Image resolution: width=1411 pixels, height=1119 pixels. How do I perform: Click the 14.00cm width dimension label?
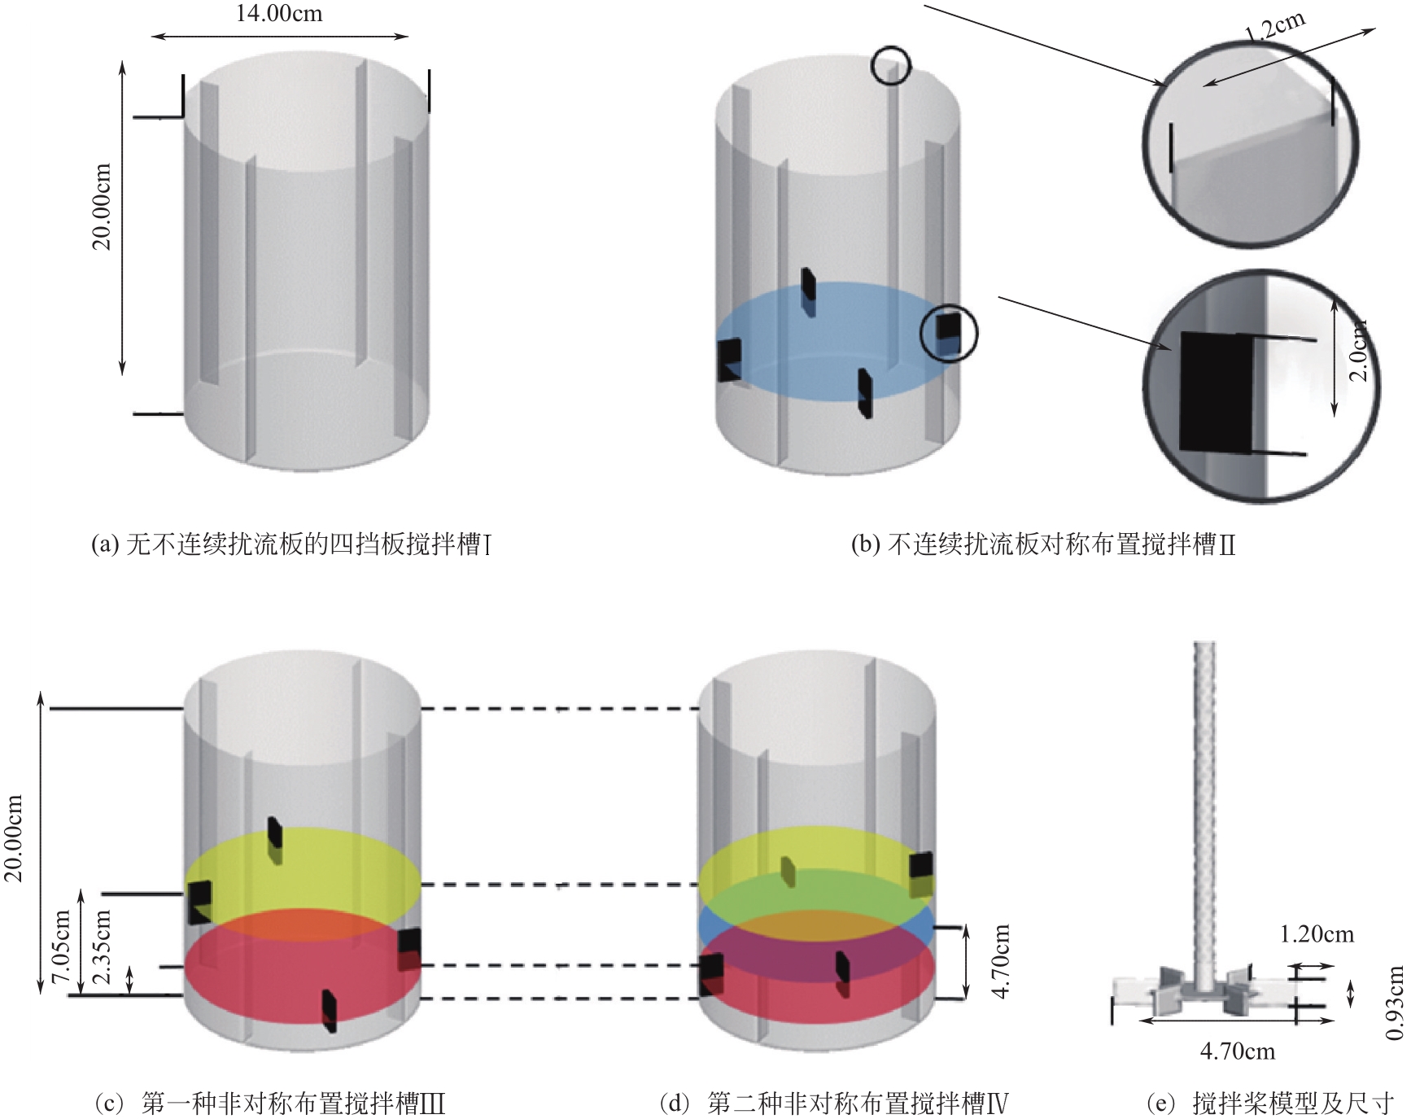(278, 14)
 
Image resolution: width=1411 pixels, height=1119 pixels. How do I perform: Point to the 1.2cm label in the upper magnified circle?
(1274, 27)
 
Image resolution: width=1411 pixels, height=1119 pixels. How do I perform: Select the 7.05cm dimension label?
(62, 946)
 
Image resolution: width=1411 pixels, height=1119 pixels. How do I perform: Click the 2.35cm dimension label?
(103, 946)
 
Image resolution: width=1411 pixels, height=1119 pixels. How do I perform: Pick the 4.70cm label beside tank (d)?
(1002, 960)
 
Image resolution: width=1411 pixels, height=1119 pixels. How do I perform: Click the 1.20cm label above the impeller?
(1317, 934)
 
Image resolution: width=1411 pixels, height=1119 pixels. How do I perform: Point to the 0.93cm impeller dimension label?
(1394, 1003)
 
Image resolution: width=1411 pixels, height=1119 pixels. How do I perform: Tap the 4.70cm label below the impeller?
(1237, 1051)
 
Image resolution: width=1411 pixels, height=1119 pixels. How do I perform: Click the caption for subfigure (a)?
(291, 544)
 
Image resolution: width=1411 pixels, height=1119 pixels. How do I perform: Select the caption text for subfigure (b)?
(1042, 544)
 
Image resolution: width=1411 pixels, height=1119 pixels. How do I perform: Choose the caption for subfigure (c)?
(269, 1104)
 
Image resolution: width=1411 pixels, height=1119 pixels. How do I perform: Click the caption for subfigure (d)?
(834, 1104)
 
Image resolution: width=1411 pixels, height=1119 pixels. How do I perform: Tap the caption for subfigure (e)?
(1269, 1104)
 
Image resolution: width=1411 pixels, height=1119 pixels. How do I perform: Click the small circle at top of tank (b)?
(890, 65)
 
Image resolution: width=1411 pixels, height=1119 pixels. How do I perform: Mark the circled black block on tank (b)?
(948, 332)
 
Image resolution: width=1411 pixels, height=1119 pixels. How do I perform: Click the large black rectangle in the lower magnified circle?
(1215, 392)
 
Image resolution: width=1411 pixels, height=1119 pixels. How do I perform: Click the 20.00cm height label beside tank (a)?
(102, 207)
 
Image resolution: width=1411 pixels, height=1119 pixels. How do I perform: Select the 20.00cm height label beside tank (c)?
(14, 838)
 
